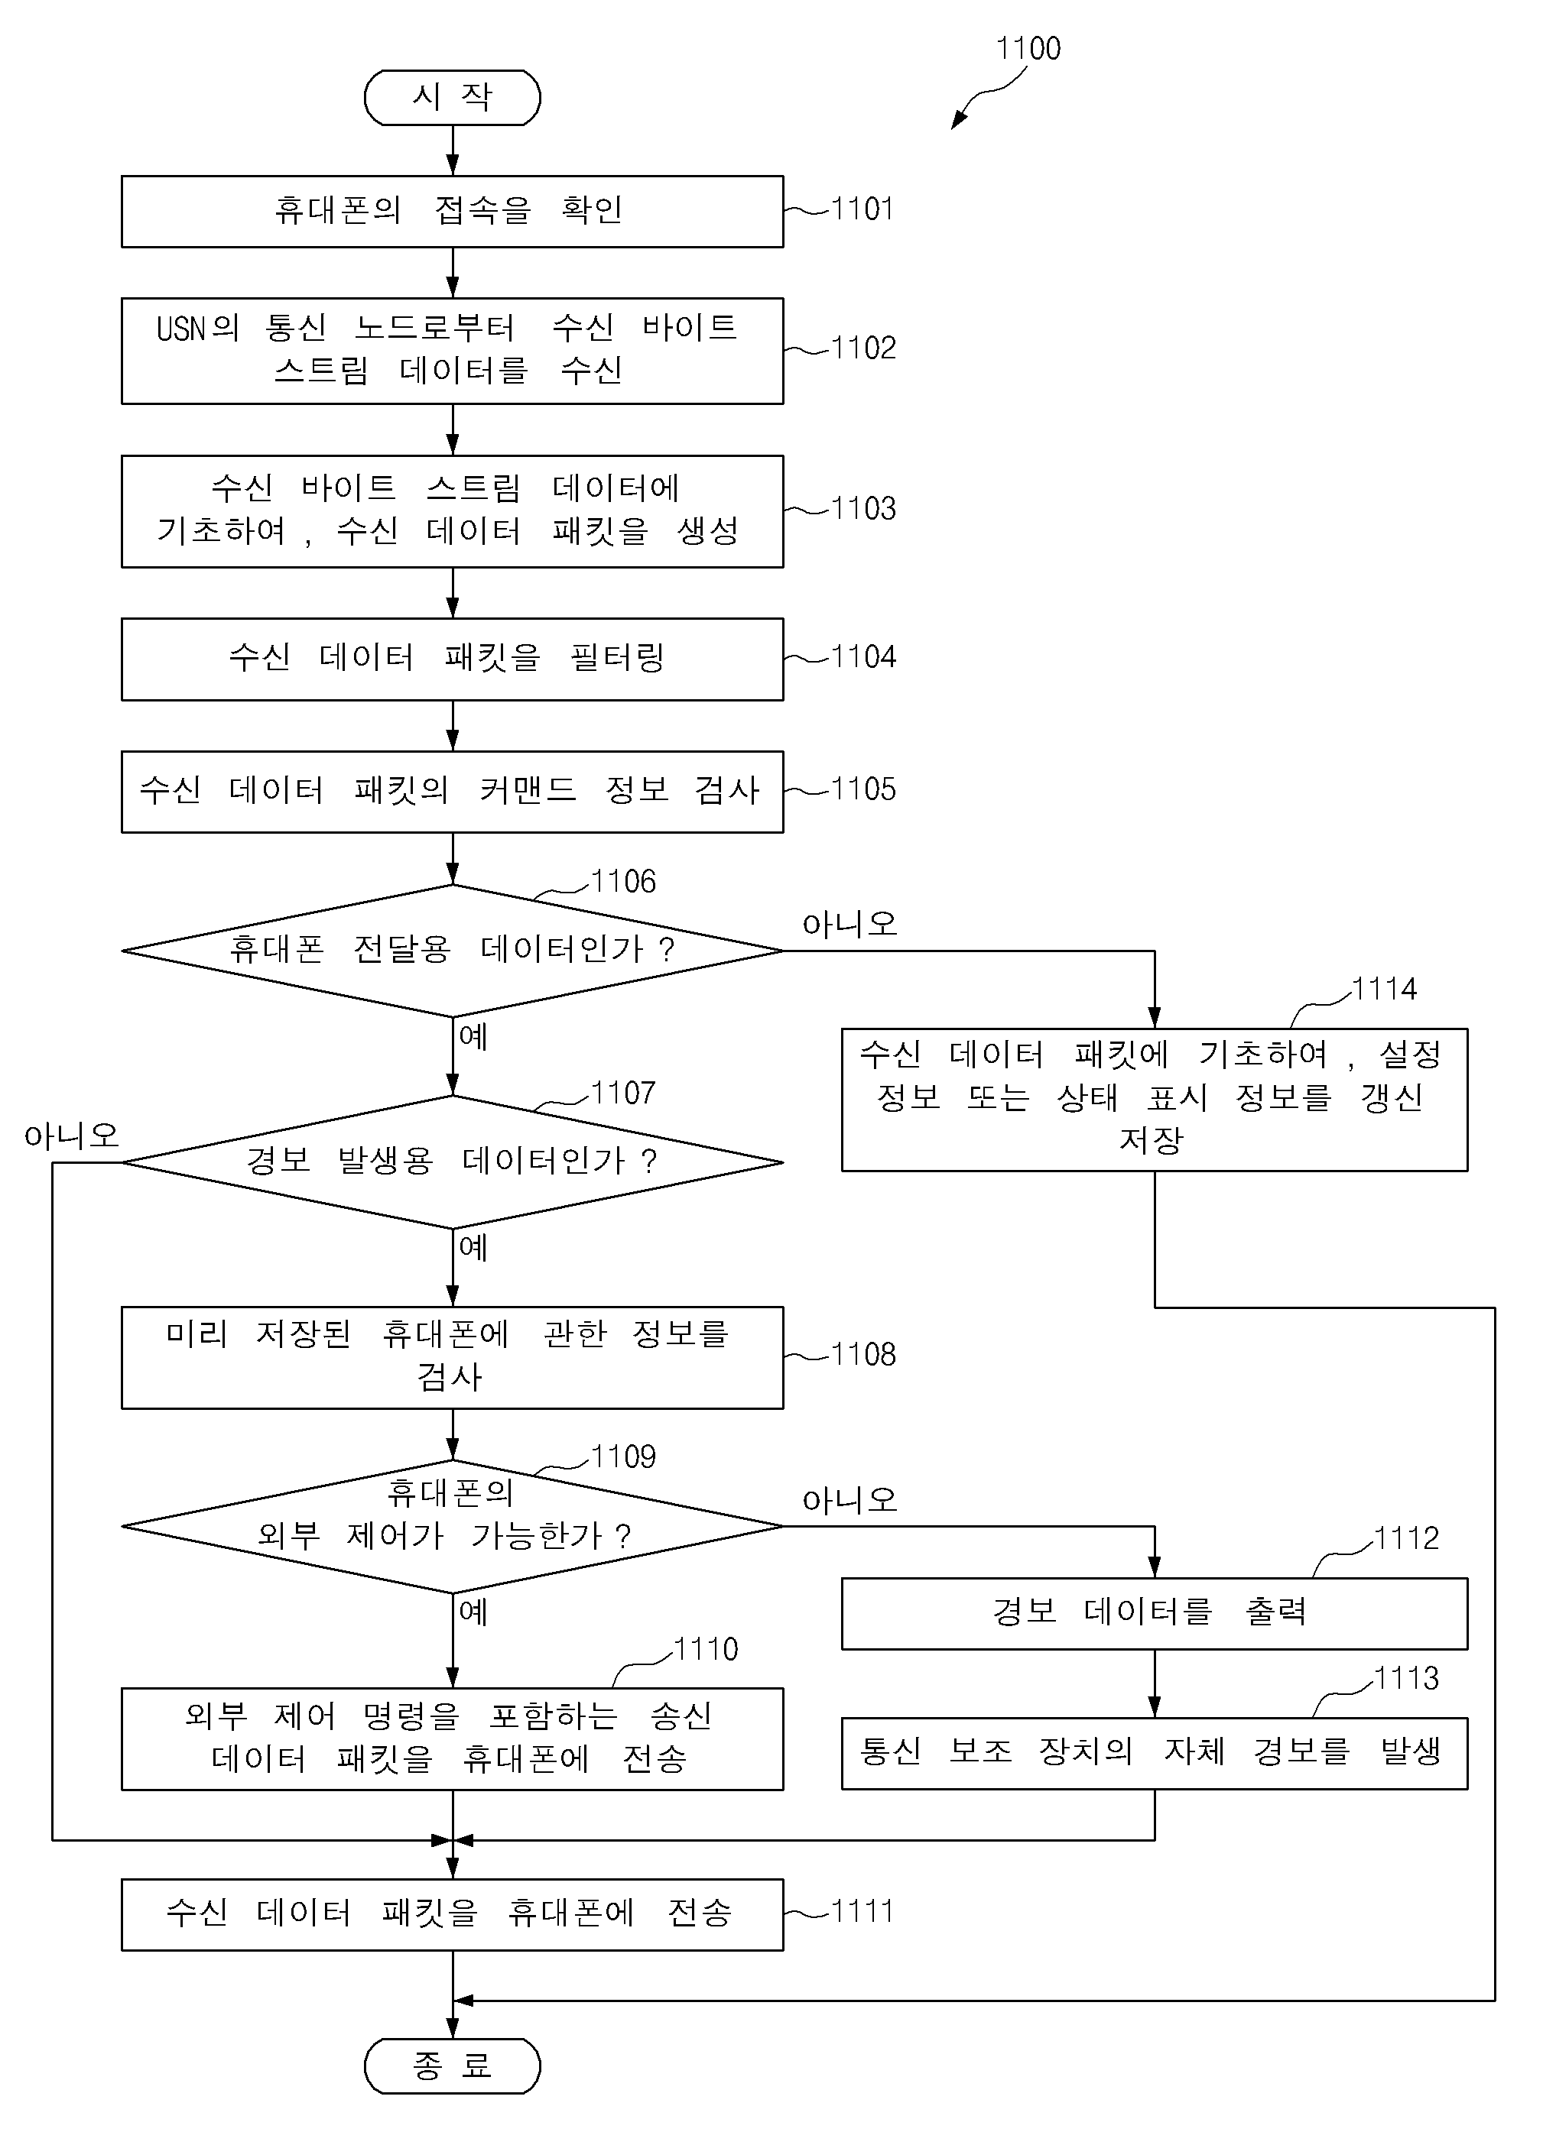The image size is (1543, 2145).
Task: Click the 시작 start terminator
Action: pyautogui.click(x=452, y=97)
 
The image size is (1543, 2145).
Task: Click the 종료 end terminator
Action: pyautogui.click(x=452, y=2066)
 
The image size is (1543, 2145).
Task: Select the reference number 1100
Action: pyautogui.click(x=1028, y=48)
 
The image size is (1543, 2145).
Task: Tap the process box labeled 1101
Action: pyautogui.click(x=452, y=211)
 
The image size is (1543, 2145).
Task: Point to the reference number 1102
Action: pyautogui.click(x=862, y=348)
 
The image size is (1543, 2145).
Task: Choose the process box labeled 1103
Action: pyautogui.click(x=452, y=512)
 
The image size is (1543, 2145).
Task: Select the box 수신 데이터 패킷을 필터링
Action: pyautogui.click(x=452, y=659)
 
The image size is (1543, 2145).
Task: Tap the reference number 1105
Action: pyautogui.click(x=862, y=789)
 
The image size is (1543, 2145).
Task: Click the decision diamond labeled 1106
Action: pyautogui.click(x=452, y=951)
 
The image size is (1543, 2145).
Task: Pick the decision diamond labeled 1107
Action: pyautogui.click(x=452, y=1162)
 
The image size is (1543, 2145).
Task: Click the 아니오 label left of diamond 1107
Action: pyautogui.click(x=72, y=1135)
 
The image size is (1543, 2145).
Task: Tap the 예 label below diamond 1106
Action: pyautogui.click(x=473, y=1035)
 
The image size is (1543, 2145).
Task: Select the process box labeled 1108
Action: pyautogui.click(x=452, y=1357)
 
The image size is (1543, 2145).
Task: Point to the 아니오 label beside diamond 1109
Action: pyautogui.click(x=849, y=1499)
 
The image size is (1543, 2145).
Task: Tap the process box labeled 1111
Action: pyautogui.click(x=452, y=1914)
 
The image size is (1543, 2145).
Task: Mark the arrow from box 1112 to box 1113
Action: pyautogui.click(x=1154, y=1683)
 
